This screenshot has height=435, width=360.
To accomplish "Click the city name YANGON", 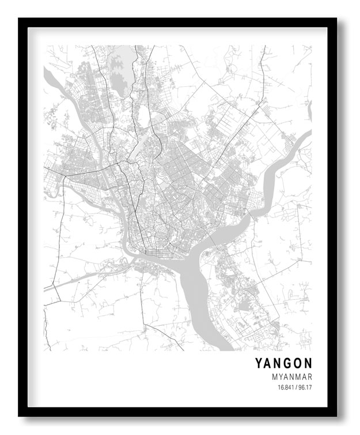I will coord(284,363).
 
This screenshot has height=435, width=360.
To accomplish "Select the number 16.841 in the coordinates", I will coord(286,388).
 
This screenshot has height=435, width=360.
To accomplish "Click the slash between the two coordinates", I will coord(295,388).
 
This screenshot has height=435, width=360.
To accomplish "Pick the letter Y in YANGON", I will coord(259,363).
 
